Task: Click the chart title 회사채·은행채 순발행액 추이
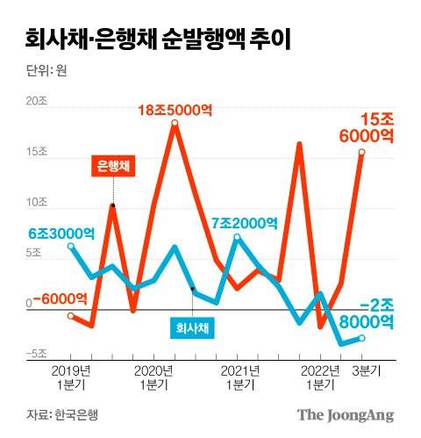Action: [x=159, y=39]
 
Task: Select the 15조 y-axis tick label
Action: [x=36, y=152]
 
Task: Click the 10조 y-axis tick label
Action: [x=36, y=202]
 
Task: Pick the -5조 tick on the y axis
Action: [x=34, y=354]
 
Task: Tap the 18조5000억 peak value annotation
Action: [x=176, y=110]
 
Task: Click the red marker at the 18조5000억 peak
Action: [x=175, y=124]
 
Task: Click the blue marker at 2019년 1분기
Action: [x=70, y=247]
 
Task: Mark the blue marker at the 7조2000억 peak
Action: [x=237, y=237]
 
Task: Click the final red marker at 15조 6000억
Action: [x=361, y=152]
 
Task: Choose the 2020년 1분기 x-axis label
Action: [x=154, y=377]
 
